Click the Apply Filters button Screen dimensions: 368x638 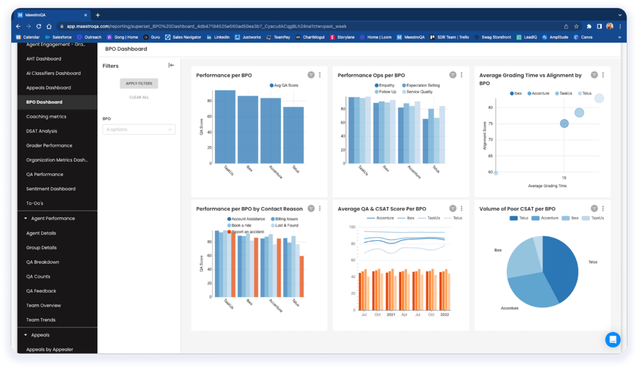(139, 83)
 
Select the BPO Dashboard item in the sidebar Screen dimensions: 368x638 (44, 102)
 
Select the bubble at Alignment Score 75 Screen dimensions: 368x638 (564, 123)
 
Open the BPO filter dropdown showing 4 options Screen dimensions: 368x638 (139, 129)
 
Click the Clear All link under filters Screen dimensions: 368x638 (139, 97)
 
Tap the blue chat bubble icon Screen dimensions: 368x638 (612, 339)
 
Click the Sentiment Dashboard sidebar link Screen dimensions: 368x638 (50, 189)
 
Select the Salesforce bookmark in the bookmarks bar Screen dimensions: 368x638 (59, 37)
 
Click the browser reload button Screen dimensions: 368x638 (40, 26)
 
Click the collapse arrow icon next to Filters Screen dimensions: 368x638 (171, 65)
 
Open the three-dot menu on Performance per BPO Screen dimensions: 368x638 (320, 75)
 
